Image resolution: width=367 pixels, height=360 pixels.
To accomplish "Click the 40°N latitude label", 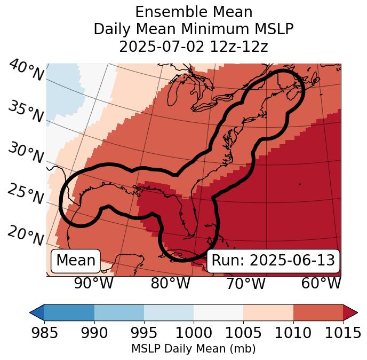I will (26, 71).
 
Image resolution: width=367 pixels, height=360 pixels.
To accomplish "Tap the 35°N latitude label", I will (25, 112).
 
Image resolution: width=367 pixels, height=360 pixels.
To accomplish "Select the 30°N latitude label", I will (25, 153).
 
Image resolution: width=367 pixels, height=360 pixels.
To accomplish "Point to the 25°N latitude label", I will (25, 194).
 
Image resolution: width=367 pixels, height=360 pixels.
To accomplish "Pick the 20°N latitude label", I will (25, 235).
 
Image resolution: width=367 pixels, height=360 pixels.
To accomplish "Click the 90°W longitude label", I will (94, 284).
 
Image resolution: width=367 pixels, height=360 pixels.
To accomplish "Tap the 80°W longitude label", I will (171, 284).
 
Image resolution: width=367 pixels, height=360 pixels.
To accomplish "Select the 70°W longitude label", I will (246, 284).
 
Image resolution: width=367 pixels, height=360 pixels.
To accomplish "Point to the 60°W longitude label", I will (321, 284).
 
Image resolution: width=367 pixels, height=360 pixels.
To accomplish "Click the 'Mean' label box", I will (76, 261).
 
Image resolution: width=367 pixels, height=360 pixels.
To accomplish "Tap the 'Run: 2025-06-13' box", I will (273, 261).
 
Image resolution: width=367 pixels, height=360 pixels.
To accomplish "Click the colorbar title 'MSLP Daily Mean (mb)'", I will (193, 349).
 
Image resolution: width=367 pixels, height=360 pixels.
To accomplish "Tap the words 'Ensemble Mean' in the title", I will (194, 12).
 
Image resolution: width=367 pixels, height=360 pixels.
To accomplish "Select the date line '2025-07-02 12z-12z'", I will (194, 46).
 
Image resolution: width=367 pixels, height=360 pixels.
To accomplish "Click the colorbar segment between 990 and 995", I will (119, 312).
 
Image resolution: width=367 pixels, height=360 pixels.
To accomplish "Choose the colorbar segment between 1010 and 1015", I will (318, 312).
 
